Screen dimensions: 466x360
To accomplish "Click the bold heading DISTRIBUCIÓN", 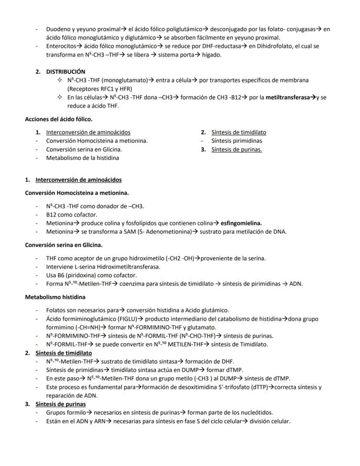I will [66, 71].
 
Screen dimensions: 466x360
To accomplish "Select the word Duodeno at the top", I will [58, 29].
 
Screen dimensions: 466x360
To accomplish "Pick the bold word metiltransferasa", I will [290, 97].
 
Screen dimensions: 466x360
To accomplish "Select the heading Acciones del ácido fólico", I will [59, 119].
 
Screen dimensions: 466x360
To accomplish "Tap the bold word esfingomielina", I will [241, 223].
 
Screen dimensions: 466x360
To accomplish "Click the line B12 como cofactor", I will [72, 215].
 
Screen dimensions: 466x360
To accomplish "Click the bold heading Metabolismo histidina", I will [55, 297].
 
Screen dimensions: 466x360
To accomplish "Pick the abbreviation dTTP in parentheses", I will [257, 387].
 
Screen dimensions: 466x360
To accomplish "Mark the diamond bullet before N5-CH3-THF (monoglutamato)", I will [59, 80].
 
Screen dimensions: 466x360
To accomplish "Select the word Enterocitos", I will [61, 46].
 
